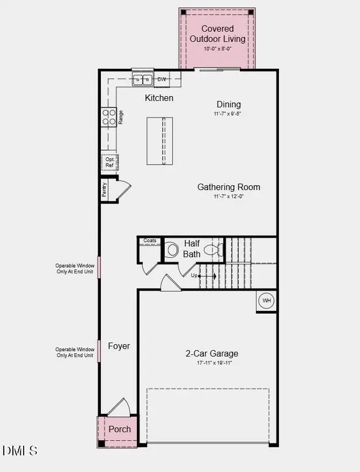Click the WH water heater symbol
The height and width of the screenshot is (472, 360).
click(x=267, y=301)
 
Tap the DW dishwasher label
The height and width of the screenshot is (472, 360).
click(x=162, y=79)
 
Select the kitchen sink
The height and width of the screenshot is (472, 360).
click(x=143, y=79)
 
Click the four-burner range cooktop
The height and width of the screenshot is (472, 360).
click(x=109, y=117)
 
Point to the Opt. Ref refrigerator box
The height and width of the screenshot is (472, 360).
click(x=109, y=162)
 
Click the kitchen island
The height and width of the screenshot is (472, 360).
click(x=160, y=141)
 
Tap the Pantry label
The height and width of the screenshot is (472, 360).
click(x=105, y=190)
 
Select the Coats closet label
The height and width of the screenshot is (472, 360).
click(x=150, y=241)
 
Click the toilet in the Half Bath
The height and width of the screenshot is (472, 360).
click(x=172, y=250)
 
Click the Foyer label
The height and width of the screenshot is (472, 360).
click(x=119, y=346)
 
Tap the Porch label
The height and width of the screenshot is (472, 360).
click(x=120, y=429)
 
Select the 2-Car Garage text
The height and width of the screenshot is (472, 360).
click(x=212, y=353)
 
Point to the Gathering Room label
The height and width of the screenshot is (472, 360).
click(x=229, y=187)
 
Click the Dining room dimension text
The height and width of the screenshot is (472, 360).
click(x=229, y=114)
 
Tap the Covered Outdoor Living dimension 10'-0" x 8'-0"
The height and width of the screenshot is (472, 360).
click(x=217, y=49)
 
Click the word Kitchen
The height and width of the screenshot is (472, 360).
click(x=159, y=98)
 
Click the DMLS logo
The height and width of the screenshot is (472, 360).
click(x=20, y=451)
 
